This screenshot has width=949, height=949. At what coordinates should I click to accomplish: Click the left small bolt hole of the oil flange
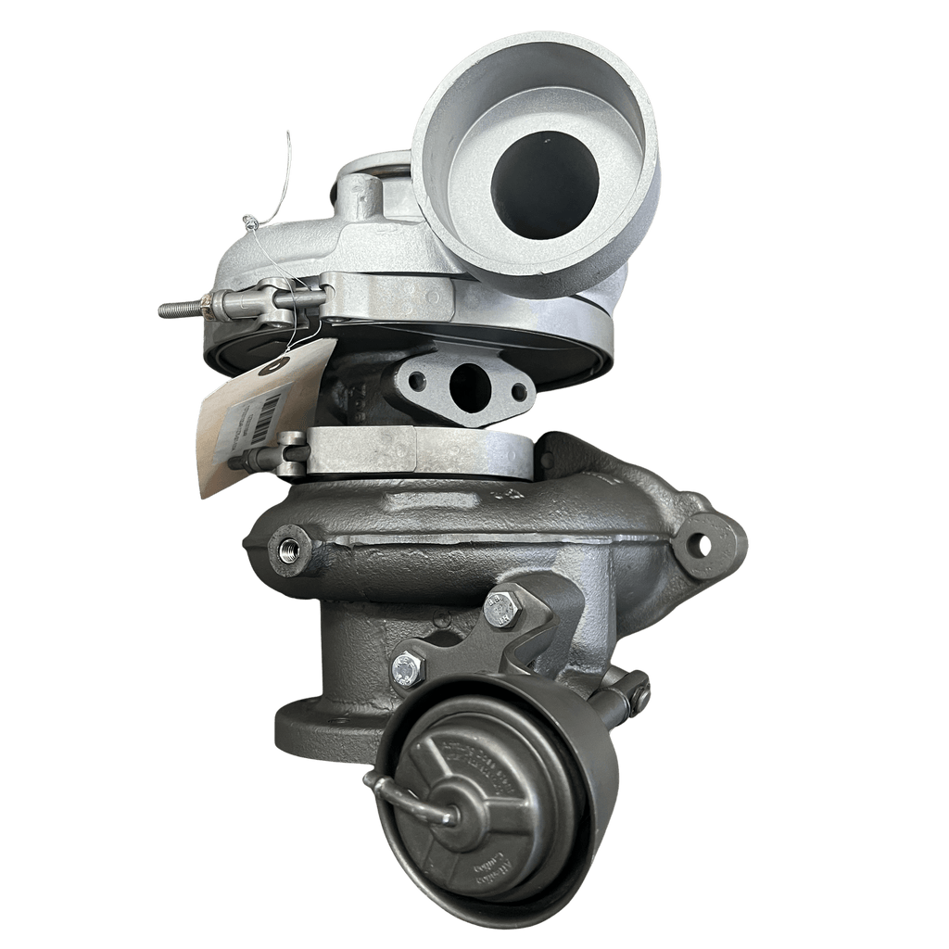416,378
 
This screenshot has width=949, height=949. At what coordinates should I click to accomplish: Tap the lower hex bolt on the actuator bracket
408,669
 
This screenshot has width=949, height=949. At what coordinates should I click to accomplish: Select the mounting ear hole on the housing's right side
701,546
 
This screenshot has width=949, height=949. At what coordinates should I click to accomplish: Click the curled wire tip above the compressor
289,148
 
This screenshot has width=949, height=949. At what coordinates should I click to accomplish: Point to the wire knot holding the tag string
250,221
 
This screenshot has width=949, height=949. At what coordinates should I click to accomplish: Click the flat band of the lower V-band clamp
417,451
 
